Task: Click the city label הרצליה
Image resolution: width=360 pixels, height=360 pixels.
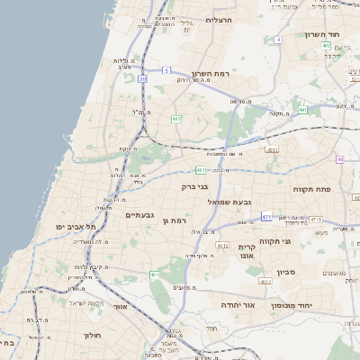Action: tap(220, 19)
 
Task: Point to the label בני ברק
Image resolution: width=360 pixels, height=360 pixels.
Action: tap(195, 187)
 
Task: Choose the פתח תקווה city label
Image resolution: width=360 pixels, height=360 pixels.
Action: tap(312, 190)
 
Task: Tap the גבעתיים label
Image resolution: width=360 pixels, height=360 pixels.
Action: tap(142, 214)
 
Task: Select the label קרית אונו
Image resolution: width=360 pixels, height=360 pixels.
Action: tap(247, 251)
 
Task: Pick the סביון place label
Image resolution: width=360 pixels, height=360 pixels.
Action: tap(286, 271)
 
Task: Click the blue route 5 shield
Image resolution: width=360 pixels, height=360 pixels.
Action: tap(166, 69)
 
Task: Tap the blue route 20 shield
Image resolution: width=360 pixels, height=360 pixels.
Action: tap(142, 79)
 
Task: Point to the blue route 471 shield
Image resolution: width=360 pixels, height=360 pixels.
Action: tap(266, 217)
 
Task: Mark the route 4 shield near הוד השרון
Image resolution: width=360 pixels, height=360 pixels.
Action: tap(279, 40)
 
